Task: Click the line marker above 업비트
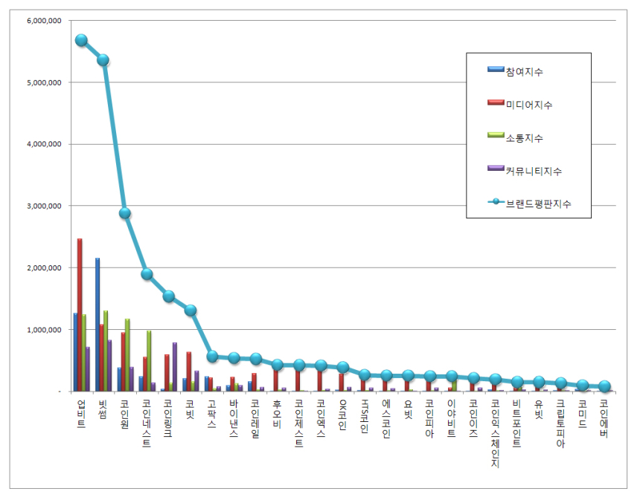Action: coord(81,40)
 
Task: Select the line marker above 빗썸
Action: coord(103,60)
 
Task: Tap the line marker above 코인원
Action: coord(125,213)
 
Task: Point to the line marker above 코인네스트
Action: coord(147,274)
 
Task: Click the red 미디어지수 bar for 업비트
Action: coord(80,314)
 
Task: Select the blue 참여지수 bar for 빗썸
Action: coord(97,324)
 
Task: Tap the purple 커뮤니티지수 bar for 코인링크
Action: coord(175,366)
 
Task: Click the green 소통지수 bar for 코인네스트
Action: coord(149,360)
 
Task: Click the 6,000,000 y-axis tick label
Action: coord(42,21)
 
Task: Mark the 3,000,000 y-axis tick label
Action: coord(42,206)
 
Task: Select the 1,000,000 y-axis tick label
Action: coord(42,329)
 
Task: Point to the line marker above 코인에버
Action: coord(604,386)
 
